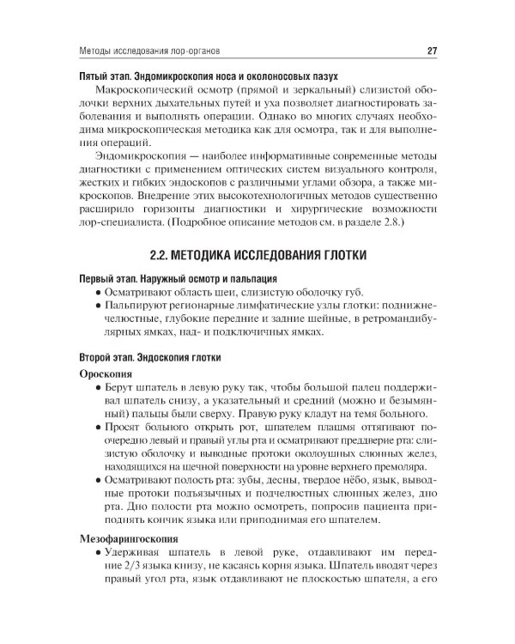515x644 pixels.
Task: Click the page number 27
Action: [433, 51]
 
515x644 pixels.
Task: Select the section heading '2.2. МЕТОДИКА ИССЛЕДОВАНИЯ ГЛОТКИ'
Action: [257, 255]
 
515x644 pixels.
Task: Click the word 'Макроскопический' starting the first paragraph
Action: [139, 92]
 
